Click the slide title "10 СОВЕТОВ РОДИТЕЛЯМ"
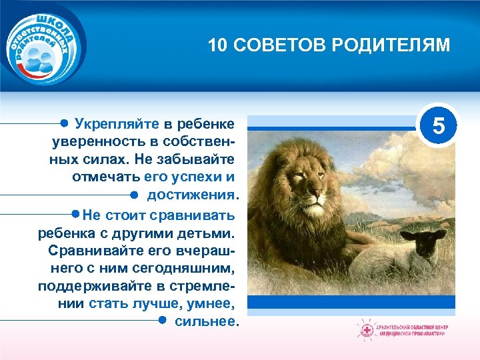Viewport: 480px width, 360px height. [x=329, y=45]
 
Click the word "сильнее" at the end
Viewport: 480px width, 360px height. [x=205, y=321]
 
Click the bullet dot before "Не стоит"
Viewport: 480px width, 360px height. [x=75, y=215]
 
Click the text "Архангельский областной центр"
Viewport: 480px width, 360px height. [x=413, y=327]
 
